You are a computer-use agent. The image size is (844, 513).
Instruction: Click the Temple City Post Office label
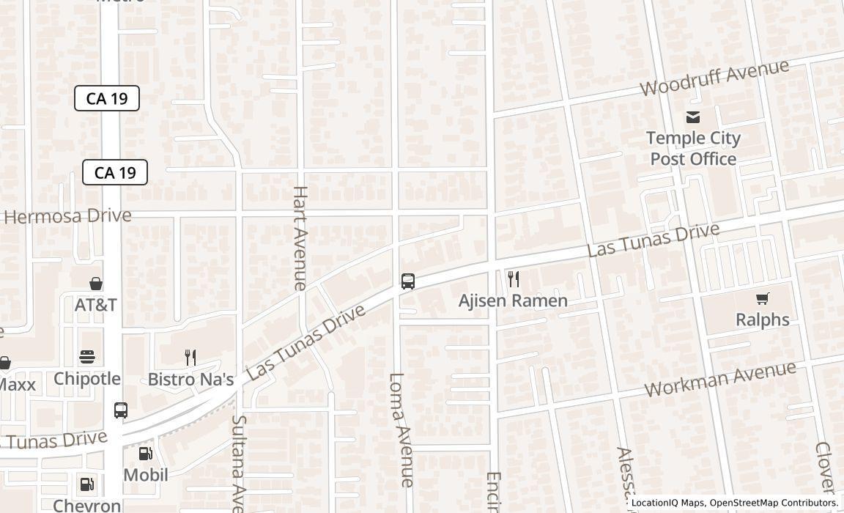(693, 148)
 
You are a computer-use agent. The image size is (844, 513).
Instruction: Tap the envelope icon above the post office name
(693, 117)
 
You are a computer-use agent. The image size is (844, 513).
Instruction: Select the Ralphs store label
(762, 320)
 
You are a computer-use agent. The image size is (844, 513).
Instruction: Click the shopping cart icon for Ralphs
(763, 298)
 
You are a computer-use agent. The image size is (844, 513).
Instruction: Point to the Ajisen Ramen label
(513, 300)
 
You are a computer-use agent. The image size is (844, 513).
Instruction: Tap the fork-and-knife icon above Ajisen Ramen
(514, 279)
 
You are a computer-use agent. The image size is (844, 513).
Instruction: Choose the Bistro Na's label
(190, 379)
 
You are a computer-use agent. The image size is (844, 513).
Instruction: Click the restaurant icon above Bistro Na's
(190, 358)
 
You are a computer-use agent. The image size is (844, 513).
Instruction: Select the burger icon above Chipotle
(87, 358)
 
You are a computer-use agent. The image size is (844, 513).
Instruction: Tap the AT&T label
(95, 305)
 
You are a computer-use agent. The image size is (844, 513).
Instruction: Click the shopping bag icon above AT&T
(95, 284)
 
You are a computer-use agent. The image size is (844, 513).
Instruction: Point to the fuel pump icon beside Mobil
(145, 454)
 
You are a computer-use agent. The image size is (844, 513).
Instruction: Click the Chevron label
(87, 505)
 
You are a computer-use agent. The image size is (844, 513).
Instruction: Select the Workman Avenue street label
(720, 379)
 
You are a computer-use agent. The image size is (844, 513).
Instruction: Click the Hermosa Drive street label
(67, 216)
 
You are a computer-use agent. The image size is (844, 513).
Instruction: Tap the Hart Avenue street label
(300, 237)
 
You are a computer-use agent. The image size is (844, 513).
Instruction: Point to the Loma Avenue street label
(401, 429)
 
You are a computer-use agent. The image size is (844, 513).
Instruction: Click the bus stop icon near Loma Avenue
(408, 281)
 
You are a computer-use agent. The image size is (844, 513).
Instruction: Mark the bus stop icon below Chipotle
(121, 410)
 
